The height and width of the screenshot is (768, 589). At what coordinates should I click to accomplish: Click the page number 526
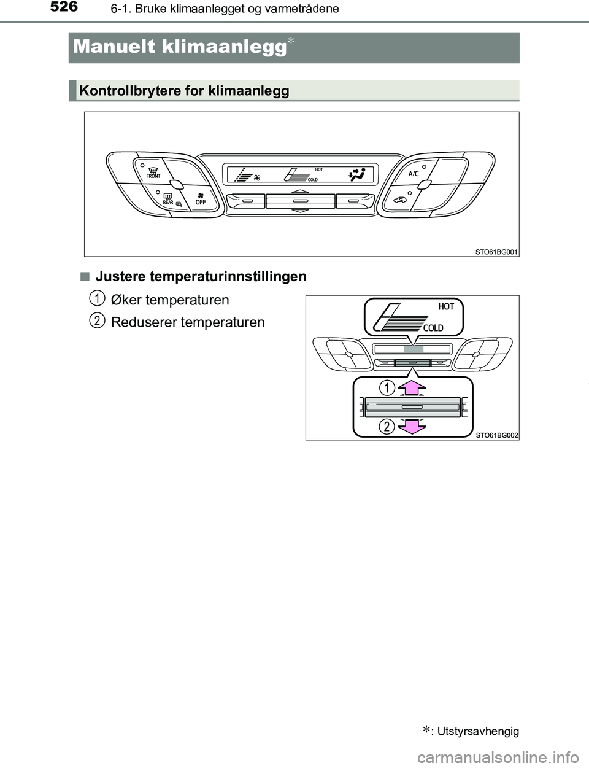[x=60, y=8]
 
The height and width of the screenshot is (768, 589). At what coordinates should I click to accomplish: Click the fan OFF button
[x=199, y=196]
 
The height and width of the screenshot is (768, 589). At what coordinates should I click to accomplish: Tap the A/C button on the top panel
[x=413, y=174]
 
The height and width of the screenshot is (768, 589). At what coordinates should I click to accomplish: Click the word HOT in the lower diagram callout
[x=446, y=306]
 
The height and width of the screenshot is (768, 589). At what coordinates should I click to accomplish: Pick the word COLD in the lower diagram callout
[x=433, y=328]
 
